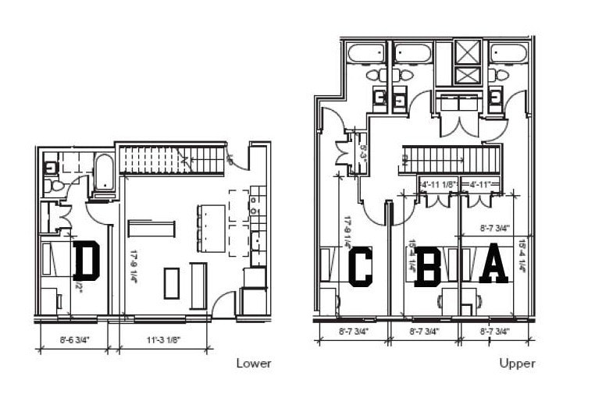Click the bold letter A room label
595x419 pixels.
493,266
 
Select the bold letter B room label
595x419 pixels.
428,267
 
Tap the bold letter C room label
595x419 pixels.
361,267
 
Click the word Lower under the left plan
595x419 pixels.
254,364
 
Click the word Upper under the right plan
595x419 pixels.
518,364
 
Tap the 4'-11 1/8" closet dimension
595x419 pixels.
437,185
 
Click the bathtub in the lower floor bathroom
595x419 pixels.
104,171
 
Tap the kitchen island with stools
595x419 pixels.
209,227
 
